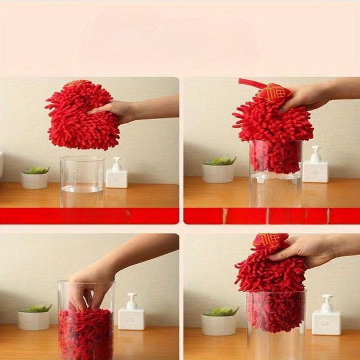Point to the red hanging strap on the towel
click(251, 83)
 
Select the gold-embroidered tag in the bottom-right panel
click(270, 240)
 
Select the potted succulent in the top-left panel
click(35, 177)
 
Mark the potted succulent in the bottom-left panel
click(34, 317)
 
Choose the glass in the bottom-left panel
click(86, 319)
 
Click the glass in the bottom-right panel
click(276, 324)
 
